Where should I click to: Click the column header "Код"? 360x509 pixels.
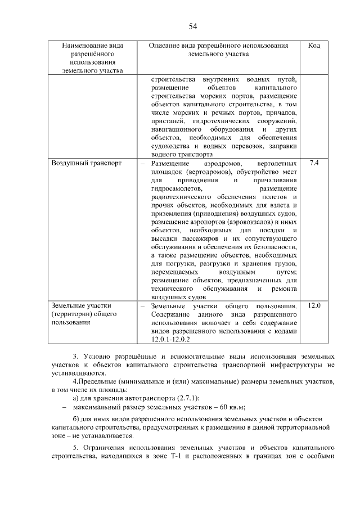coord(314,46)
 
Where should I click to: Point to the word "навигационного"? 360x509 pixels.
coord(178,130)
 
